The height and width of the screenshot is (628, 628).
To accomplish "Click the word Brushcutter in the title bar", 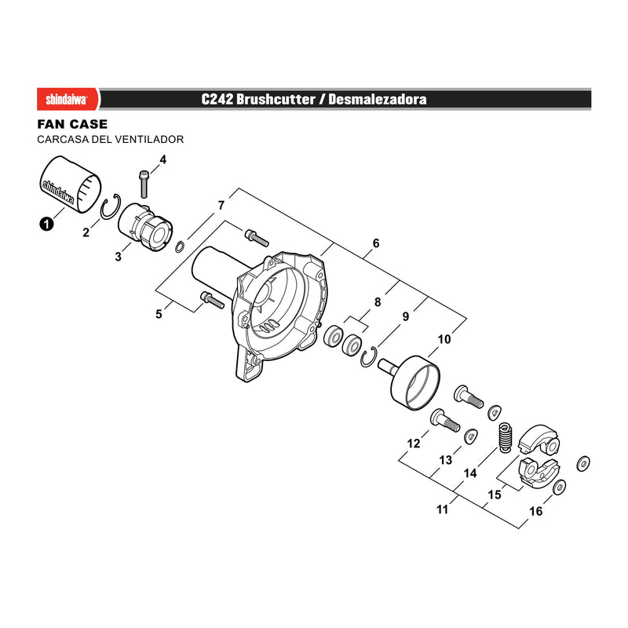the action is pyautogui.click(x=276, y=100).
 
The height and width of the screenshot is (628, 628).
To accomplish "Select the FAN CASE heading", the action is pyautogui.click(x=72, y=124).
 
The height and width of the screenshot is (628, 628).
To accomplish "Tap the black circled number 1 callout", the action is pyautogui.click(x=46, y=224).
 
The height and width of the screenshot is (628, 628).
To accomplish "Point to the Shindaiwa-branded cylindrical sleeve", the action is pyautogui.click(x=71, y=184).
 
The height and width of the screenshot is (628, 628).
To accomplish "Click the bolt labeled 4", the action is pyautogui.click(x=144, y=184).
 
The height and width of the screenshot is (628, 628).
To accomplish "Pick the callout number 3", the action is pyautogui.click(x=119, y=257).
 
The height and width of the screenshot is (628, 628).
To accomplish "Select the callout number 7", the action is pyautogui.click(x=221, y=206).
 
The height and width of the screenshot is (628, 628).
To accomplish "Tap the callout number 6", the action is pyautogui.click(x=376, y=243).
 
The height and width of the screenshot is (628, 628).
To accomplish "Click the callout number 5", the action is pyautogui.click(x=159, y=314).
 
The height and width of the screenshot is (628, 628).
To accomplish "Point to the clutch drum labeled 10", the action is pyautogui.click(x=415, y=383).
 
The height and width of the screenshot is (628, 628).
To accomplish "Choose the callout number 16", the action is pyautogui.click(x=536, y=511).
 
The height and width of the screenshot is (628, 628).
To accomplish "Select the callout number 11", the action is pyautogui.click(x=442, y=509).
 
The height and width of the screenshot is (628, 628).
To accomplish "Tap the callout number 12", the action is pyautogui.click(x=414, y=444).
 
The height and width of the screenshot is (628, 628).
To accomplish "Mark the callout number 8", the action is pyautogui.click(x=378, y=302).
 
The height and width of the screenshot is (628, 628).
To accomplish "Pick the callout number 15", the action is pyautogui.click(x=495, y=495).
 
